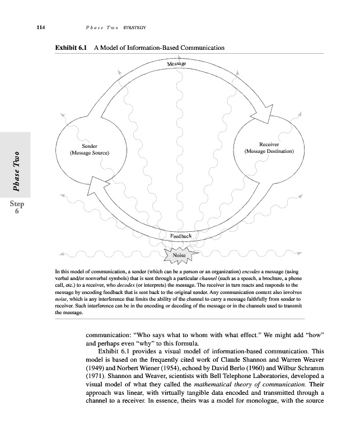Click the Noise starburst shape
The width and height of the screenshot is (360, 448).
click(180, 256)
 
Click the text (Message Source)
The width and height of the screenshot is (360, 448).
click(89, 153)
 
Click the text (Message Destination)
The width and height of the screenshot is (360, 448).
click(273, 151)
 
